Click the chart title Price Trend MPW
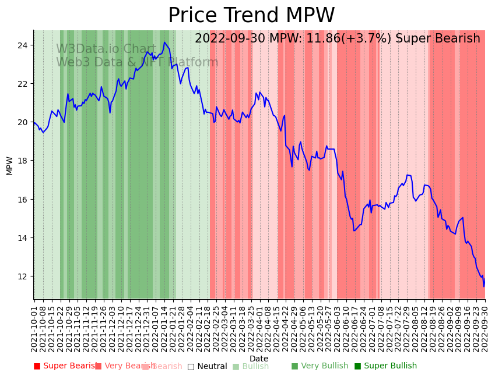pyautogui.click(x=251, y=16)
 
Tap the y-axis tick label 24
pyautogui.click(x=23, y=45)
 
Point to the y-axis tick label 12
pyautogui.click(x=23, y=276)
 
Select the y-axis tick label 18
pyautogui.click(x=23, y=161)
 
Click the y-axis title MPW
pyautogui.click(x=9, y=165)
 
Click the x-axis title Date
pyautogui.click(x=259, y=359)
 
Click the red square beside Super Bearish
pyautogui.click(x=37, y=366)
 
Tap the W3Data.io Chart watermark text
pyautogui.click(x=106, y=49)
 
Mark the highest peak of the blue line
pyautogui.click(x=164, y=42)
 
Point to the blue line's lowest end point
pyautogui.click(x=483, y=286)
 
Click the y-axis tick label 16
pyautogui.click(x=23, y=199)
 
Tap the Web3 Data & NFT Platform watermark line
pyautogui.click(x=137, y=63)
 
